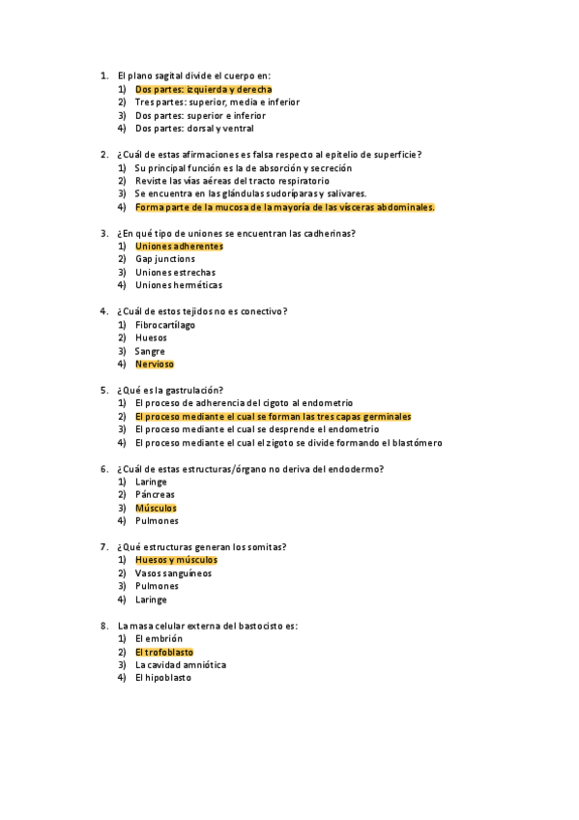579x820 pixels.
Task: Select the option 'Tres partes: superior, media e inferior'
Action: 217,102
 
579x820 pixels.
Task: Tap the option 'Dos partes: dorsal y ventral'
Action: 193,128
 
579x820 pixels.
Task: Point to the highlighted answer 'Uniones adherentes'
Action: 179,246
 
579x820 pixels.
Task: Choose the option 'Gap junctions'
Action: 164,259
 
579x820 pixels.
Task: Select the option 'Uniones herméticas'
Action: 178,285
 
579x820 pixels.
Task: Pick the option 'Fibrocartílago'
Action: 164,325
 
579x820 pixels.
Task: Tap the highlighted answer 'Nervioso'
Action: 155,365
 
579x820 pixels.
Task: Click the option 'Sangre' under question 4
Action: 150,351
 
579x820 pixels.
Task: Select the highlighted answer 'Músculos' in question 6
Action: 156,508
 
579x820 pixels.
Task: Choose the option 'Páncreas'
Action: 155,494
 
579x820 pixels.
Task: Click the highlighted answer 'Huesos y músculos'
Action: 176,560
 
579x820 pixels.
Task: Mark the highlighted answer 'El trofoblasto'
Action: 164,652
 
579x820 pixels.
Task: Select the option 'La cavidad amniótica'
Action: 182,665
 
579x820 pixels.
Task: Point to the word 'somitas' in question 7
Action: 281,547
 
